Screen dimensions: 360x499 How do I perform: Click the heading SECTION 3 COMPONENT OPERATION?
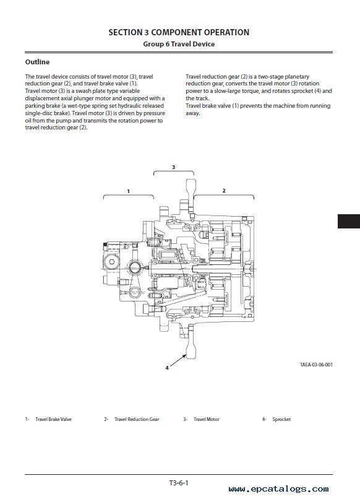tap(179, 32)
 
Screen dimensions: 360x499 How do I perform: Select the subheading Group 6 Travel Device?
tap(179, 44)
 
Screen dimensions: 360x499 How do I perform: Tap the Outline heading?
tap(37, 62)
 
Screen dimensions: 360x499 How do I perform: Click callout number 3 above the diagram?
tap(173, 167)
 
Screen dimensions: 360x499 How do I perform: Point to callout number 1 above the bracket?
tap(129, 191)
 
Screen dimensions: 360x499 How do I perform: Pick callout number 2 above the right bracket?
tap(224, 191)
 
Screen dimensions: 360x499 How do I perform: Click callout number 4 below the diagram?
tap(167, 368)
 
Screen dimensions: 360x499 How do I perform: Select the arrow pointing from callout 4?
tap(178, 360)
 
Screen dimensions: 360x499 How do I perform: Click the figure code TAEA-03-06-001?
tap(316, 365)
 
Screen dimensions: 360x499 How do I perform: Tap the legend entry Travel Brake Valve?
tap(53, 419)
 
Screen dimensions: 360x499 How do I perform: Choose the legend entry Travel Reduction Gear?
tap(137, 419)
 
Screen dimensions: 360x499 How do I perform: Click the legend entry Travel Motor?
tap(207, 419)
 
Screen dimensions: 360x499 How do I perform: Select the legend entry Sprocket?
tap(281, 419)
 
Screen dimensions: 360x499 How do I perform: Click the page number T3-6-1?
tap(179, 483)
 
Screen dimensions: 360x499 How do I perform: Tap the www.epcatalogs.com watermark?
tap(278, 489)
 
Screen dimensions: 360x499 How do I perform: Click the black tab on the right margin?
tap(349, 221)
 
